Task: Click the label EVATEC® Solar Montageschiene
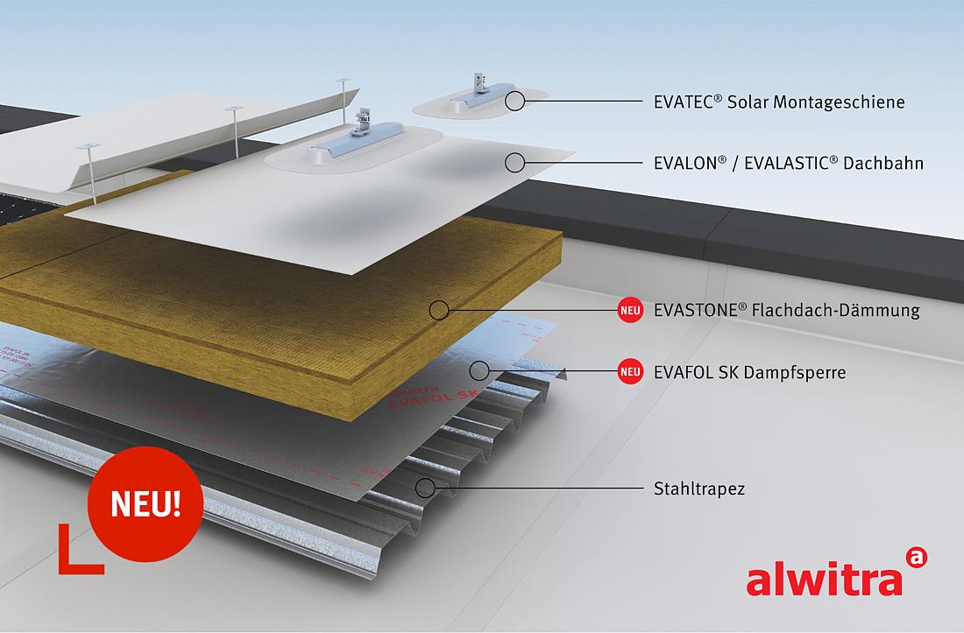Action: pyautogui.click(x=778, y=102)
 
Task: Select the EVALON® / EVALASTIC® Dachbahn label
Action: pyautogui.click(x=788, y=163)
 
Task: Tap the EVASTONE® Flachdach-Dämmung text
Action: pyautogui.click(x=786, y=310)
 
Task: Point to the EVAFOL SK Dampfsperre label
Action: pyautogui.click(x=749, y=372)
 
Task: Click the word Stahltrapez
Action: pyautogui.click(x=699, y=489)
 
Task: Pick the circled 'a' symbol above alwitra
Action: pyautogui.click(x=915, y=557)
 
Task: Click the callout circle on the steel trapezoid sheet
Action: pyautogui.click(x=425, y=488)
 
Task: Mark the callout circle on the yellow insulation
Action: pyautogui.click(x=440, y=309)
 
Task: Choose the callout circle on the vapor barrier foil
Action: pyautogui.click(x=478, y=370)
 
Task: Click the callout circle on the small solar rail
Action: pyautogui.click(x=514, y=101)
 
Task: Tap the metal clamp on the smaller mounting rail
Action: pyautogui.click(x=477, y=78)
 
